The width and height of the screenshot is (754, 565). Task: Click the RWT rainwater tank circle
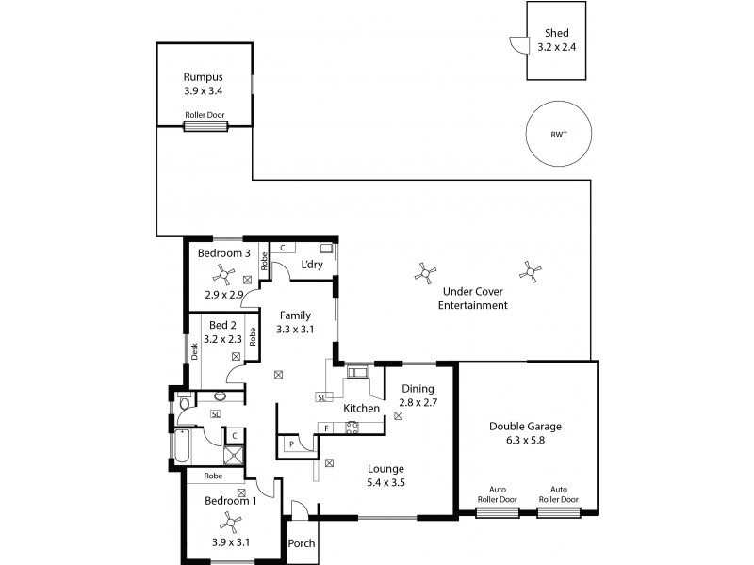coord(559,134)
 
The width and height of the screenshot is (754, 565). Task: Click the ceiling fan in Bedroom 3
coord(224,273)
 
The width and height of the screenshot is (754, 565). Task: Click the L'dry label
coord(312,266)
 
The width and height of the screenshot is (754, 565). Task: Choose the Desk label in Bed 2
coord(195,351)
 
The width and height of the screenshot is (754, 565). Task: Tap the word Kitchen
coord(361,408)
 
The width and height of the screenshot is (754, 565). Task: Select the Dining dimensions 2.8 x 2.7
coord(417,402)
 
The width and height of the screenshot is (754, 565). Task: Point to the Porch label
coord(303,543)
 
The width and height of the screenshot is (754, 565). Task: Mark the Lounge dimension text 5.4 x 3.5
coord(385,483)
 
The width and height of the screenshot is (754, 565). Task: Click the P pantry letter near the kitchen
coord(291,443)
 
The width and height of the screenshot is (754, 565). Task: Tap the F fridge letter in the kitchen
coord(326,429)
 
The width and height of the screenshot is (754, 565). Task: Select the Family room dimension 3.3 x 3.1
coord(294,330)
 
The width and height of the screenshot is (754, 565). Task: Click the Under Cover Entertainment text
coord(474,299)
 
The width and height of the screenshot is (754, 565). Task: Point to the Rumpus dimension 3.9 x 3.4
coord(205,91)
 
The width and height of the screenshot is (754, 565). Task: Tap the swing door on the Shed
coord(516,42)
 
